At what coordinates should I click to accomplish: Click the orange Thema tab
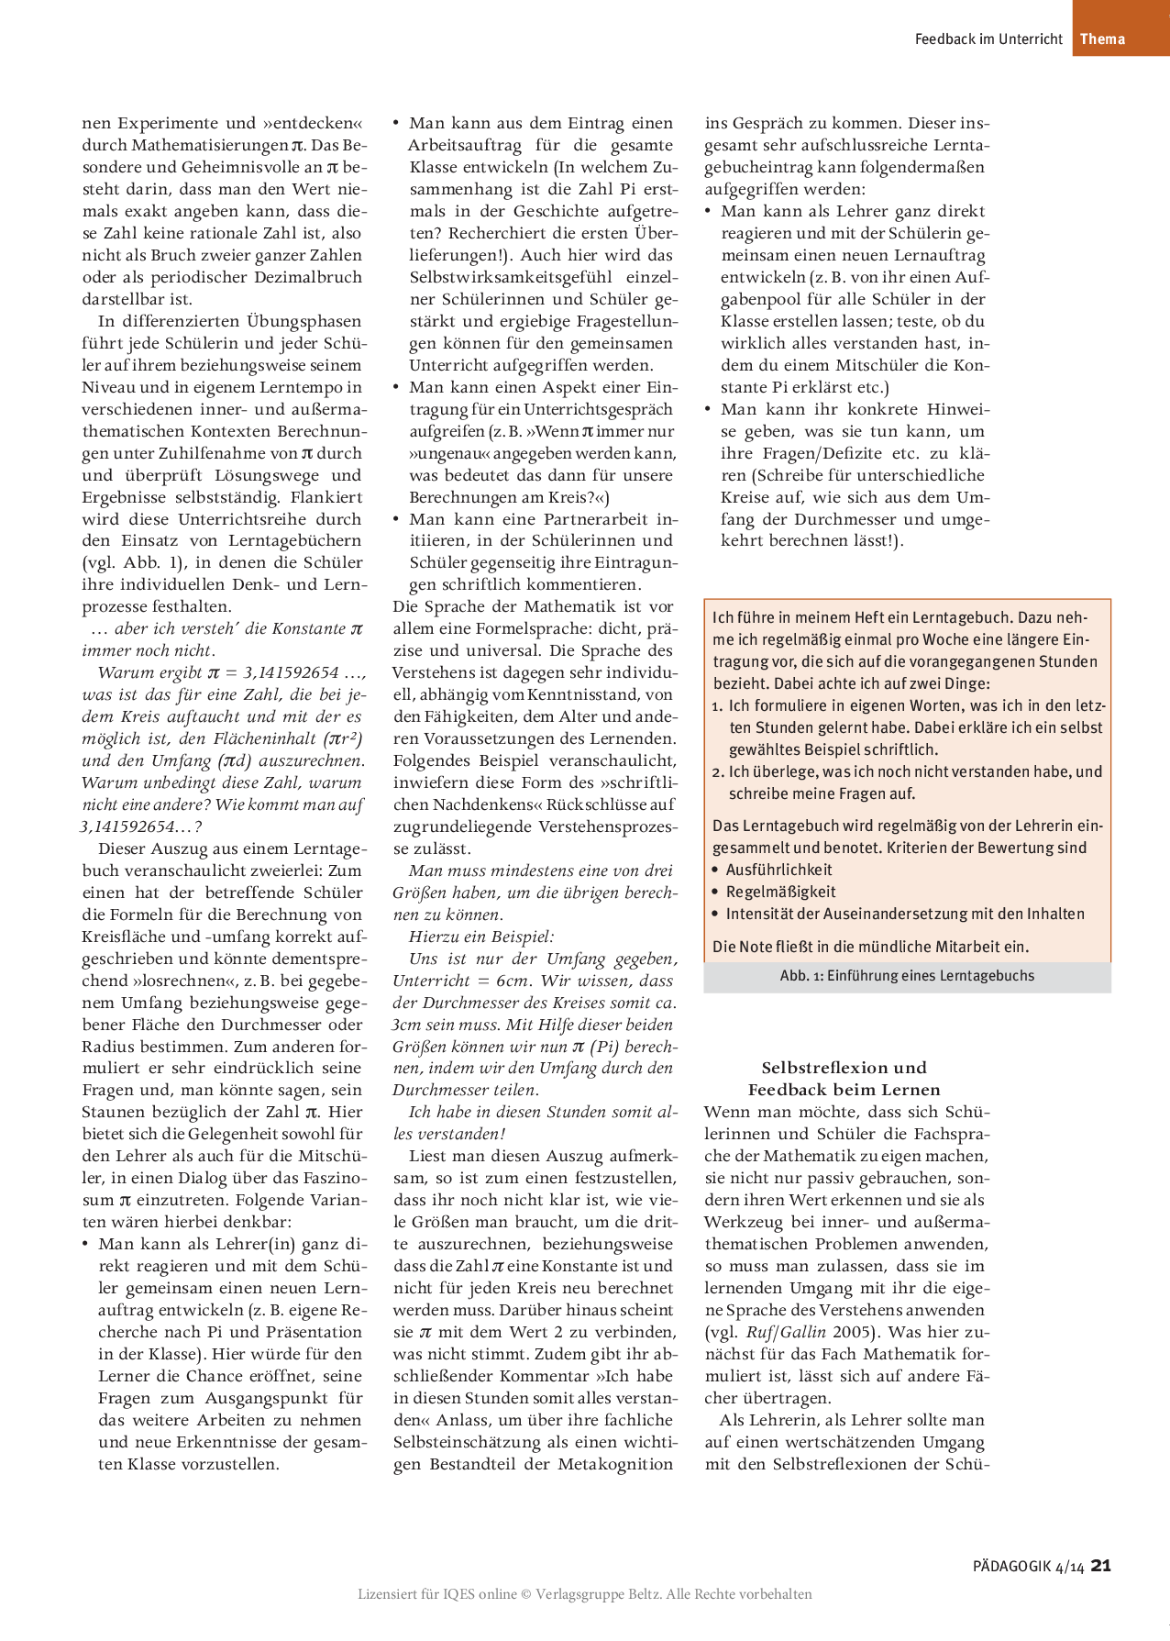[x=1102, y=39]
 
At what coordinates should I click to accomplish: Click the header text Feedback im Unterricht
[x=988, y=39]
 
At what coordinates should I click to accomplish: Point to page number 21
[x=1101, y=1566]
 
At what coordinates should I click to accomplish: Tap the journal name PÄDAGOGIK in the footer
[x=1011, y=1567]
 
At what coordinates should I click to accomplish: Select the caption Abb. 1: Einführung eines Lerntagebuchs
[x=907, y=976]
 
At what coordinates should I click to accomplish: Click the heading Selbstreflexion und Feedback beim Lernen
[x=844, y=1079]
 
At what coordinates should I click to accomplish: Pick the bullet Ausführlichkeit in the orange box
[x=778, y=870]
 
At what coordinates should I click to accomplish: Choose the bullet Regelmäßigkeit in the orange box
[x=780, y=892]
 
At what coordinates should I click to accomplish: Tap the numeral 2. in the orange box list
[x=718, y=771]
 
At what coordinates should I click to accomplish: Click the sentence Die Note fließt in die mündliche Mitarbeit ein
[x=870, y=947]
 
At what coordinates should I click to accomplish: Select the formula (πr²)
[x=340, y=738]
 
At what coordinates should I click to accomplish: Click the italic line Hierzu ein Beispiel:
[x=481, y=937]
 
